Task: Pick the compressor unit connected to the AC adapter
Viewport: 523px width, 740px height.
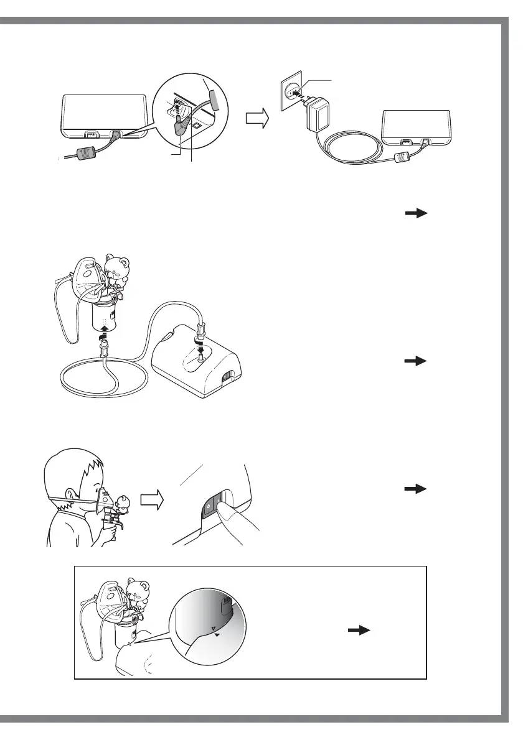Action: pos(416,128)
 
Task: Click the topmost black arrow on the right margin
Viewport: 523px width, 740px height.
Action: pos(417,213)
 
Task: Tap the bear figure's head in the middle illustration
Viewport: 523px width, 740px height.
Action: pos(118,267)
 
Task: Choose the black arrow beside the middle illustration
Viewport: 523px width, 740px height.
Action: pos(417,360)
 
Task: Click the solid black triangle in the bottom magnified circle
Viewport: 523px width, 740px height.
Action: pos(217,635)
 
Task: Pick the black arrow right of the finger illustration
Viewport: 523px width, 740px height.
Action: pos(417,490)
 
